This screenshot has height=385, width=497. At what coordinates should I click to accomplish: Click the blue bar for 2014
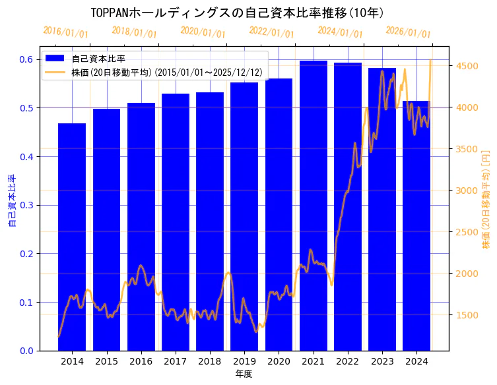pyautogui.click(x=72, y=237)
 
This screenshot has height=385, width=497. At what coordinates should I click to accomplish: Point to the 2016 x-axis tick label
pyautogui.click(x=141, y=361)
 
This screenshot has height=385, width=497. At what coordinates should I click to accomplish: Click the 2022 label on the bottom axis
pyautogui.click(x=347, y=361)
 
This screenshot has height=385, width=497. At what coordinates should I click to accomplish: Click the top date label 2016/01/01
pyautogui.click(x=65, y=32)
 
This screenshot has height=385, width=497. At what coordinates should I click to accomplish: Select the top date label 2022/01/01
pyautogui.click(x=271, y=32)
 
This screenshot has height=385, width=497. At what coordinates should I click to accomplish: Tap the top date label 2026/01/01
pyautogui.click(x=408, y=32)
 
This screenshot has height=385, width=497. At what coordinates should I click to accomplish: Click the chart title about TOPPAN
pyautogui.click(x=237, y=13)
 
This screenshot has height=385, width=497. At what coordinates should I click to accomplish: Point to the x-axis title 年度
pyautogui.click(x=244, y=374)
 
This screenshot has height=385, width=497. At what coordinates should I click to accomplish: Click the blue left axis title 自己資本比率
pyautogui.click(x=11, y=201)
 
